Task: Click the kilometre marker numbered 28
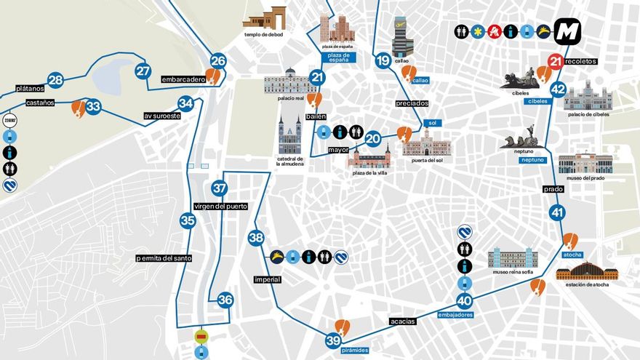pos(55,81)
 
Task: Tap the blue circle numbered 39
pos(334,340)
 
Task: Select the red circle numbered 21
pos(556,62)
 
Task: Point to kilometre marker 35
pos(188,220)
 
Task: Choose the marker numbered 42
pos(558,89)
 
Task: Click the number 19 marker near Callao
pos(383,61)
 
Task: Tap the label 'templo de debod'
pos(263,34)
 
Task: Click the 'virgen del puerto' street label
pos(226,206)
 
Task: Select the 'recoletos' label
pos(582,62)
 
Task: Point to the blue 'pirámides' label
pos(355,351)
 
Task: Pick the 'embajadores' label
pos(457,315)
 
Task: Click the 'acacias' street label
pos(402,321)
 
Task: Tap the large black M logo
pos(568,31)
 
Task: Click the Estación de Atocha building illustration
pos(586,271)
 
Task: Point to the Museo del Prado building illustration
pos(585,163)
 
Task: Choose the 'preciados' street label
pos(412,103)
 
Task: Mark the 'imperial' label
pos(268,279)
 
